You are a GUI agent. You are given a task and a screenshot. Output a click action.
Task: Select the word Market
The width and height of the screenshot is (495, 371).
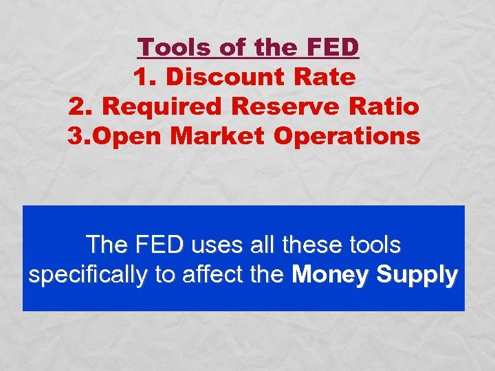(x=218, y=136)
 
